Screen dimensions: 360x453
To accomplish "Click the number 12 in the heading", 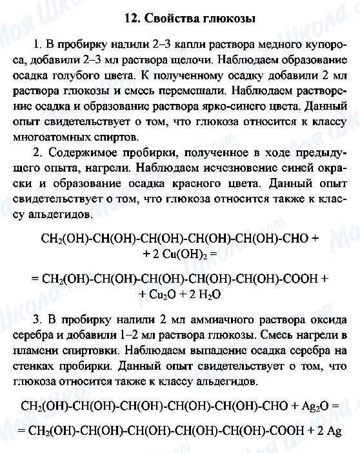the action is pyautogui.click(x=131, y=19).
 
